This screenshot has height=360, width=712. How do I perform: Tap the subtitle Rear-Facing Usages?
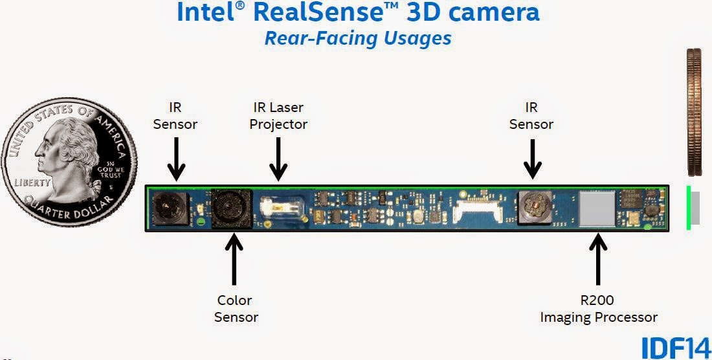[357, 38]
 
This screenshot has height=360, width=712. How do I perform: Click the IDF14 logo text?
[675, 348]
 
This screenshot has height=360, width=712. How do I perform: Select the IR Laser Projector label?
[278, 115]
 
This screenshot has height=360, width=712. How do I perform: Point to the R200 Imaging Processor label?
[598, 308]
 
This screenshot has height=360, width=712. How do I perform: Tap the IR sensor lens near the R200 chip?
[534, 208]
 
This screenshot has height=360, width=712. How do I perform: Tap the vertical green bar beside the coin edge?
[688, 207]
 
